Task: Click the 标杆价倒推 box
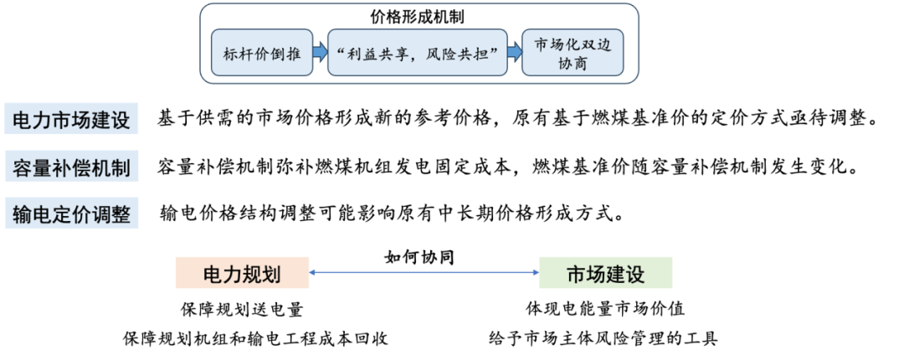tap(261, 54)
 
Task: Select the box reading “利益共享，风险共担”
tap(417, 54)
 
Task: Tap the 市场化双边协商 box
tap(573, 54)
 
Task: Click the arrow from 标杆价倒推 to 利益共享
tap(319, 54)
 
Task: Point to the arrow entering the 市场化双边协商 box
tap(514, 54)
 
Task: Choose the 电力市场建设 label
tap(71, 120)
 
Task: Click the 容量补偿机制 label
tap(71, 167)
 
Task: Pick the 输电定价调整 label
tap(71, 215)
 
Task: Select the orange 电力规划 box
tap(242, 273)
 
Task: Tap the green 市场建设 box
tap(606, 273)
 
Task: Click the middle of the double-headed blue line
tap(424, 272)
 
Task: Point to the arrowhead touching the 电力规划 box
tap(313, 272)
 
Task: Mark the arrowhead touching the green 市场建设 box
tap(535, 272)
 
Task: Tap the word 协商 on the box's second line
tap(573, 64)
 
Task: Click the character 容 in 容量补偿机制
tap(23, 167)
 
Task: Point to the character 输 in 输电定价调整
tap(23, 215)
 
